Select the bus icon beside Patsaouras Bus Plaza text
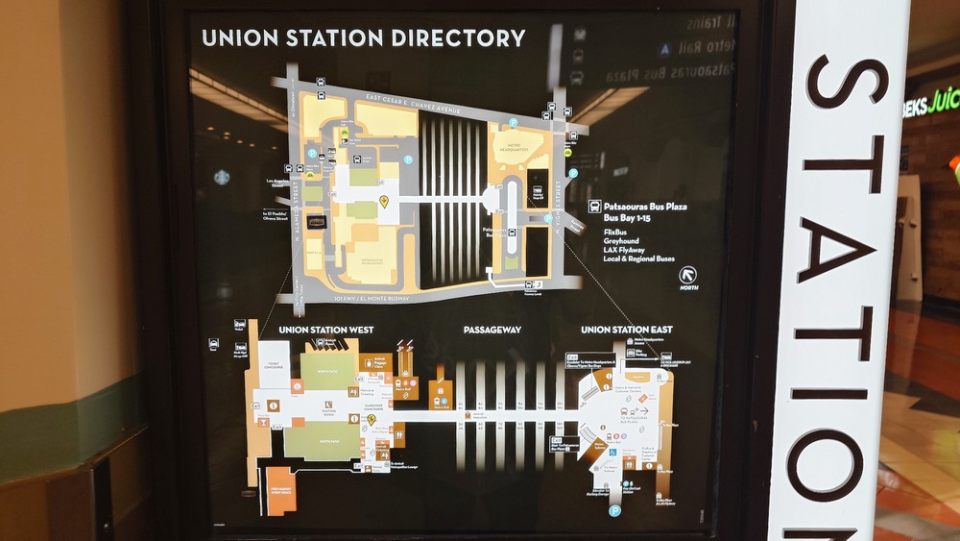tap(595, 206)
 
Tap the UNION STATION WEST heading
tap(326, 330)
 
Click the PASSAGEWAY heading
tap(492, 330)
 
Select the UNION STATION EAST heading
tap(626, 330)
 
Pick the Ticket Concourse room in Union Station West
tap(274, 363)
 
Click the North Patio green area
tap(327, 370)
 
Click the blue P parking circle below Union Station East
tap(614, 510)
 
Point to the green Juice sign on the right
tap(932, 100)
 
